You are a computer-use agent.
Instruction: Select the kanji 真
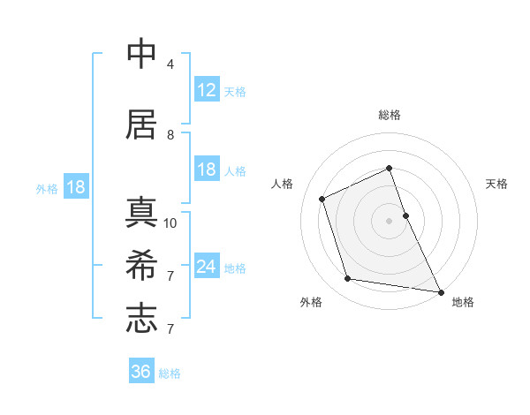coord(141,213)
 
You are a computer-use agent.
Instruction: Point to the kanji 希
coord(141,265)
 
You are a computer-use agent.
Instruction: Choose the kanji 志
coord(141,318)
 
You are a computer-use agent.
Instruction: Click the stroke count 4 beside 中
coord(170,64)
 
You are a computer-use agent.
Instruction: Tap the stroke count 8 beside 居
coord(170,135)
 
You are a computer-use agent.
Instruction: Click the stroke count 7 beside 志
coord(170,329)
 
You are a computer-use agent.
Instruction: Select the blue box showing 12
coord(206,89)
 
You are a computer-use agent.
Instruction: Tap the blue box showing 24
coord(206,266)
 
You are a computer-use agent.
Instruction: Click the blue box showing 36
coord(141,372)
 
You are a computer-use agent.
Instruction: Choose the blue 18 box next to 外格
coord(75,186)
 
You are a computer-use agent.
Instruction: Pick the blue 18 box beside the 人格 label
coord(206,170)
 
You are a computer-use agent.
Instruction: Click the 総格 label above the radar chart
coord(389,115)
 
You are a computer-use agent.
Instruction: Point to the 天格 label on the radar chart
coord(497,184)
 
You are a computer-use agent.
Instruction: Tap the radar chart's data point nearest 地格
coord(440,290)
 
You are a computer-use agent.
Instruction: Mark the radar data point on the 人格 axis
coord(322,199)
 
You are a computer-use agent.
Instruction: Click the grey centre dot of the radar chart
coord(389,220)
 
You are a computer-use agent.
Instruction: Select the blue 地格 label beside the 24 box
coord(235,268)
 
